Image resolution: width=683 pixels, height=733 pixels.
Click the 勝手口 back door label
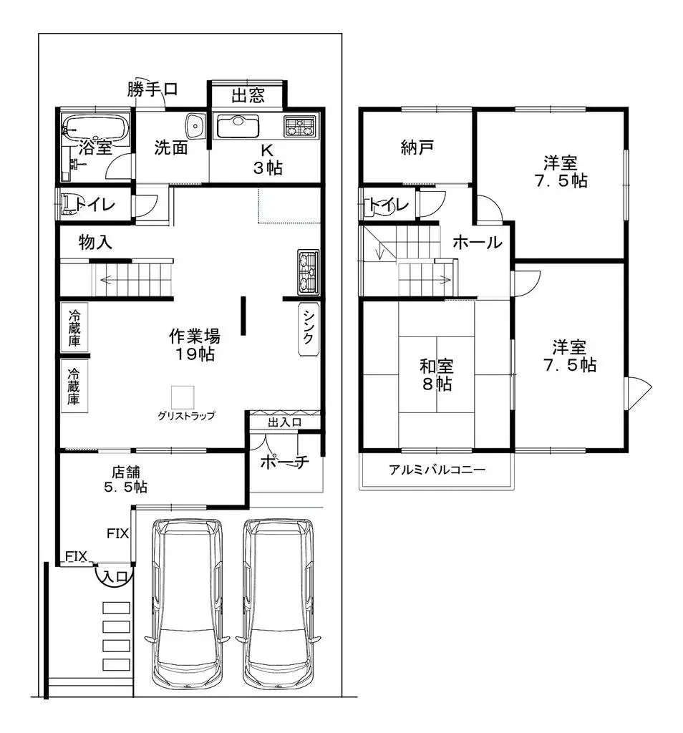click(x=152, y=89)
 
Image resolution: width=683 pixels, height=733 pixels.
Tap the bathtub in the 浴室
click(x=95, y=127)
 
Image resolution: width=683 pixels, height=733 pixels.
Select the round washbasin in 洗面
click(x=194, y=126)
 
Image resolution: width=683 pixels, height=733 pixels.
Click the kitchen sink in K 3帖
click(x=238, y=127)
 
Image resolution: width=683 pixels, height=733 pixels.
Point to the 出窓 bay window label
click(x=247, y=95)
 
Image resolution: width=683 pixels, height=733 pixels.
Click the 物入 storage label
click(x=95, y=243)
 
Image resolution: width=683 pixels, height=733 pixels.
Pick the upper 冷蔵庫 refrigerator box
click(x=74, y=328)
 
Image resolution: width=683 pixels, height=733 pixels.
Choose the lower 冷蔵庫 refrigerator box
click(x=74, y=387)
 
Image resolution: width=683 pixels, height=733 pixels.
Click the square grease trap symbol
click(x=183, y=397)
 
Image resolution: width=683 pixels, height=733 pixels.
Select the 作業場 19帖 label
click(x=194, y=344)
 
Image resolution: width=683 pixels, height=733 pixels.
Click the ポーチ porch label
click(x=284, y=462)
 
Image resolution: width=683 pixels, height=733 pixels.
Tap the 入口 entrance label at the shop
click(x=115, y=576)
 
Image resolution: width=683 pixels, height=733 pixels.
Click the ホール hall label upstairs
click(x=477, y=243)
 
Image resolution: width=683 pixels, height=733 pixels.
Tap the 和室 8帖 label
click(x=436, y=375)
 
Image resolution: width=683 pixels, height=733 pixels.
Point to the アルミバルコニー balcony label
click(x=437, y=470)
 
